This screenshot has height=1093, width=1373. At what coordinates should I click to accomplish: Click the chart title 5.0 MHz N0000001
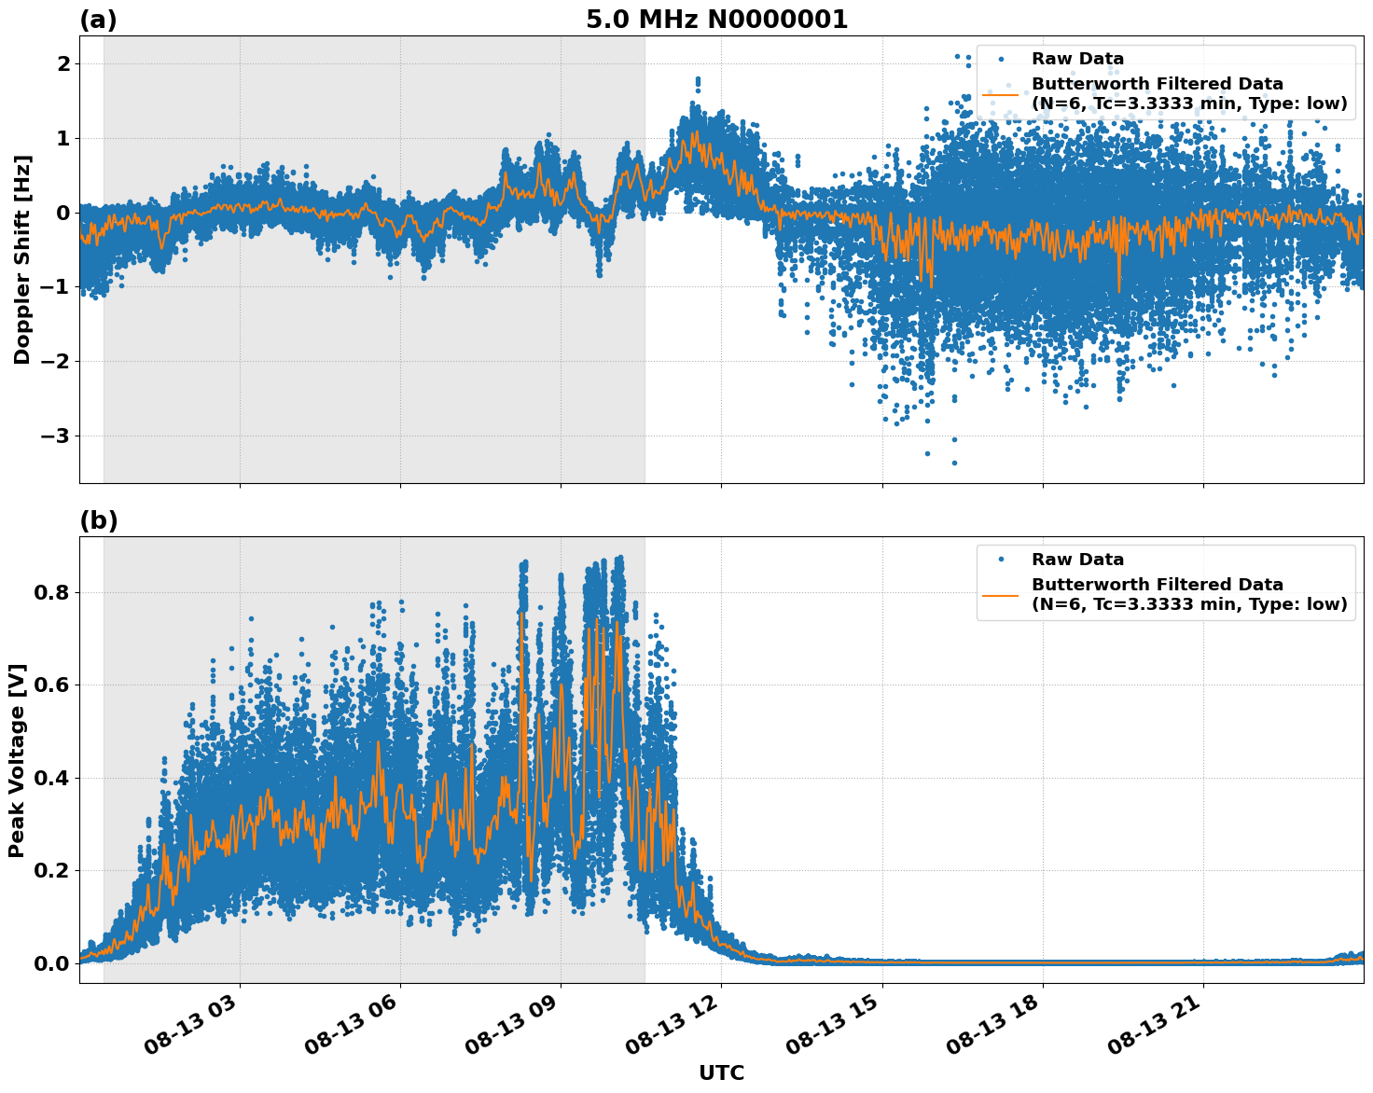pos(716,20)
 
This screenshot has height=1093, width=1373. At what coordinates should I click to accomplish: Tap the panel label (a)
pos(98,20)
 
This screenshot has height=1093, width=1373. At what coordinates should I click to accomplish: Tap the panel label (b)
pos(98,520)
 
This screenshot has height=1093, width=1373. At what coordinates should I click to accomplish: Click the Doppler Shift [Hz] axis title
pos(22,259)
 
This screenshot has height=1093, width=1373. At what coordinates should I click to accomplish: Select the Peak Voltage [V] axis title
pos(17,760)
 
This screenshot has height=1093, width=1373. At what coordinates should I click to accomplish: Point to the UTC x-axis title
pos(721,1072)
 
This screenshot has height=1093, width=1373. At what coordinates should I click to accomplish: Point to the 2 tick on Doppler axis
pos(63,63)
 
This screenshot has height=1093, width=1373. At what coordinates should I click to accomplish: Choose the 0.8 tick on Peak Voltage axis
pos(51,592)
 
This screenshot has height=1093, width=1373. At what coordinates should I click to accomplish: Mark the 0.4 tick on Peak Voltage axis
pos(51,778)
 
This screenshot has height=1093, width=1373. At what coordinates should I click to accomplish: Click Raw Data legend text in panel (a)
pos(1077,59)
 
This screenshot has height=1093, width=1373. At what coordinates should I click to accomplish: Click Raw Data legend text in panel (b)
pos(1077,560)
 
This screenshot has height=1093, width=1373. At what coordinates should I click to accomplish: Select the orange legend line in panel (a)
pos(1001,93)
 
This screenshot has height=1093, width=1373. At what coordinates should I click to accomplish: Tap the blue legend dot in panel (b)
pos(1001,560)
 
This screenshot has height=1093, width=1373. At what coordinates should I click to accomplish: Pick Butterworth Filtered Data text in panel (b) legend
pos(1157,585)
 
